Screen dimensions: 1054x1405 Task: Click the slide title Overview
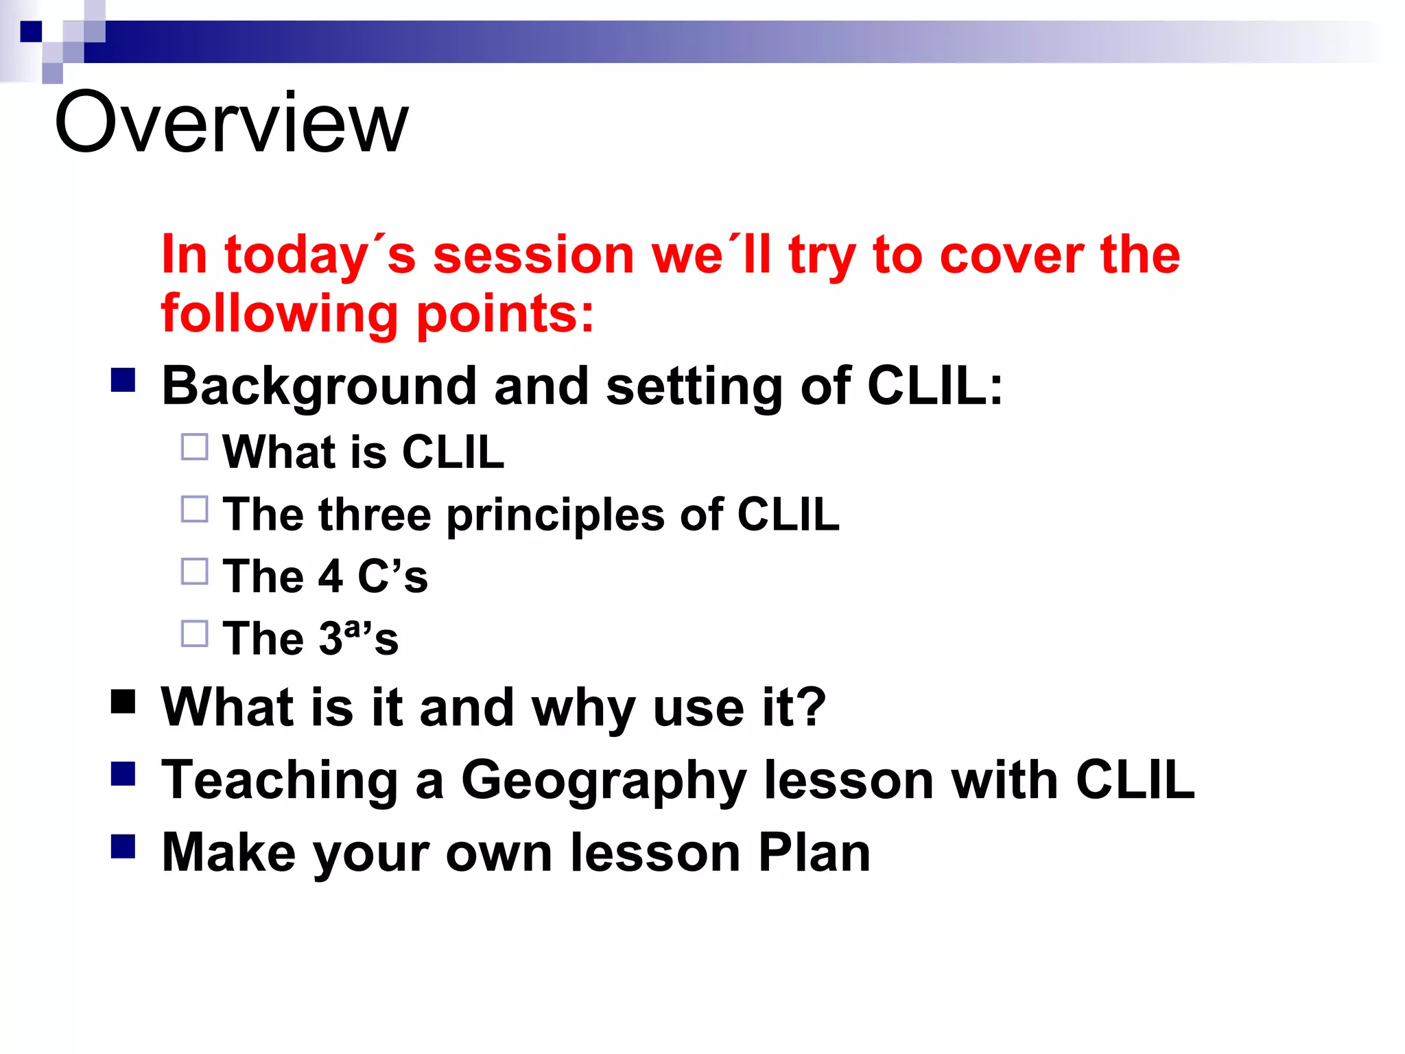pos(231,124)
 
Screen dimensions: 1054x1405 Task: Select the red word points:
pos(505,314)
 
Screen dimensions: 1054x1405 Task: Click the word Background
pos(318,386)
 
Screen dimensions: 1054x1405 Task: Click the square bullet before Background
pos(123,380)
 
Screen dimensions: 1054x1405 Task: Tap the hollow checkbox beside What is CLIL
pos(195,447)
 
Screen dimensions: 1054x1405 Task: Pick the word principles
pos(556,515)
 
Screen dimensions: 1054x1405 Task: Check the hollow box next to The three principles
pos(195,509)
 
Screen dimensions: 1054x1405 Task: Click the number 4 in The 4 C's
pos(331,576)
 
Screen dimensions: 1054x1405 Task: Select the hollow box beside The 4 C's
pos(195,571)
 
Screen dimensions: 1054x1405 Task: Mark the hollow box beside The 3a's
pos(195,633)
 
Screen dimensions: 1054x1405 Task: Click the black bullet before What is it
pos(123,701)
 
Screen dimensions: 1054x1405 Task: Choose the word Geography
pos(604,781)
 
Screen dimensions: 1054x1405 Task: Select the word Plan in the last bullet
pos(814,853)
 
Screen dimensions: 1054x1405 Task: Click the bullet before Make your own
pos(123,847)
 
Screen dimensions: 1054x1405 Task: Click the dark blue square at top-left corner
pos(31,32)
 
